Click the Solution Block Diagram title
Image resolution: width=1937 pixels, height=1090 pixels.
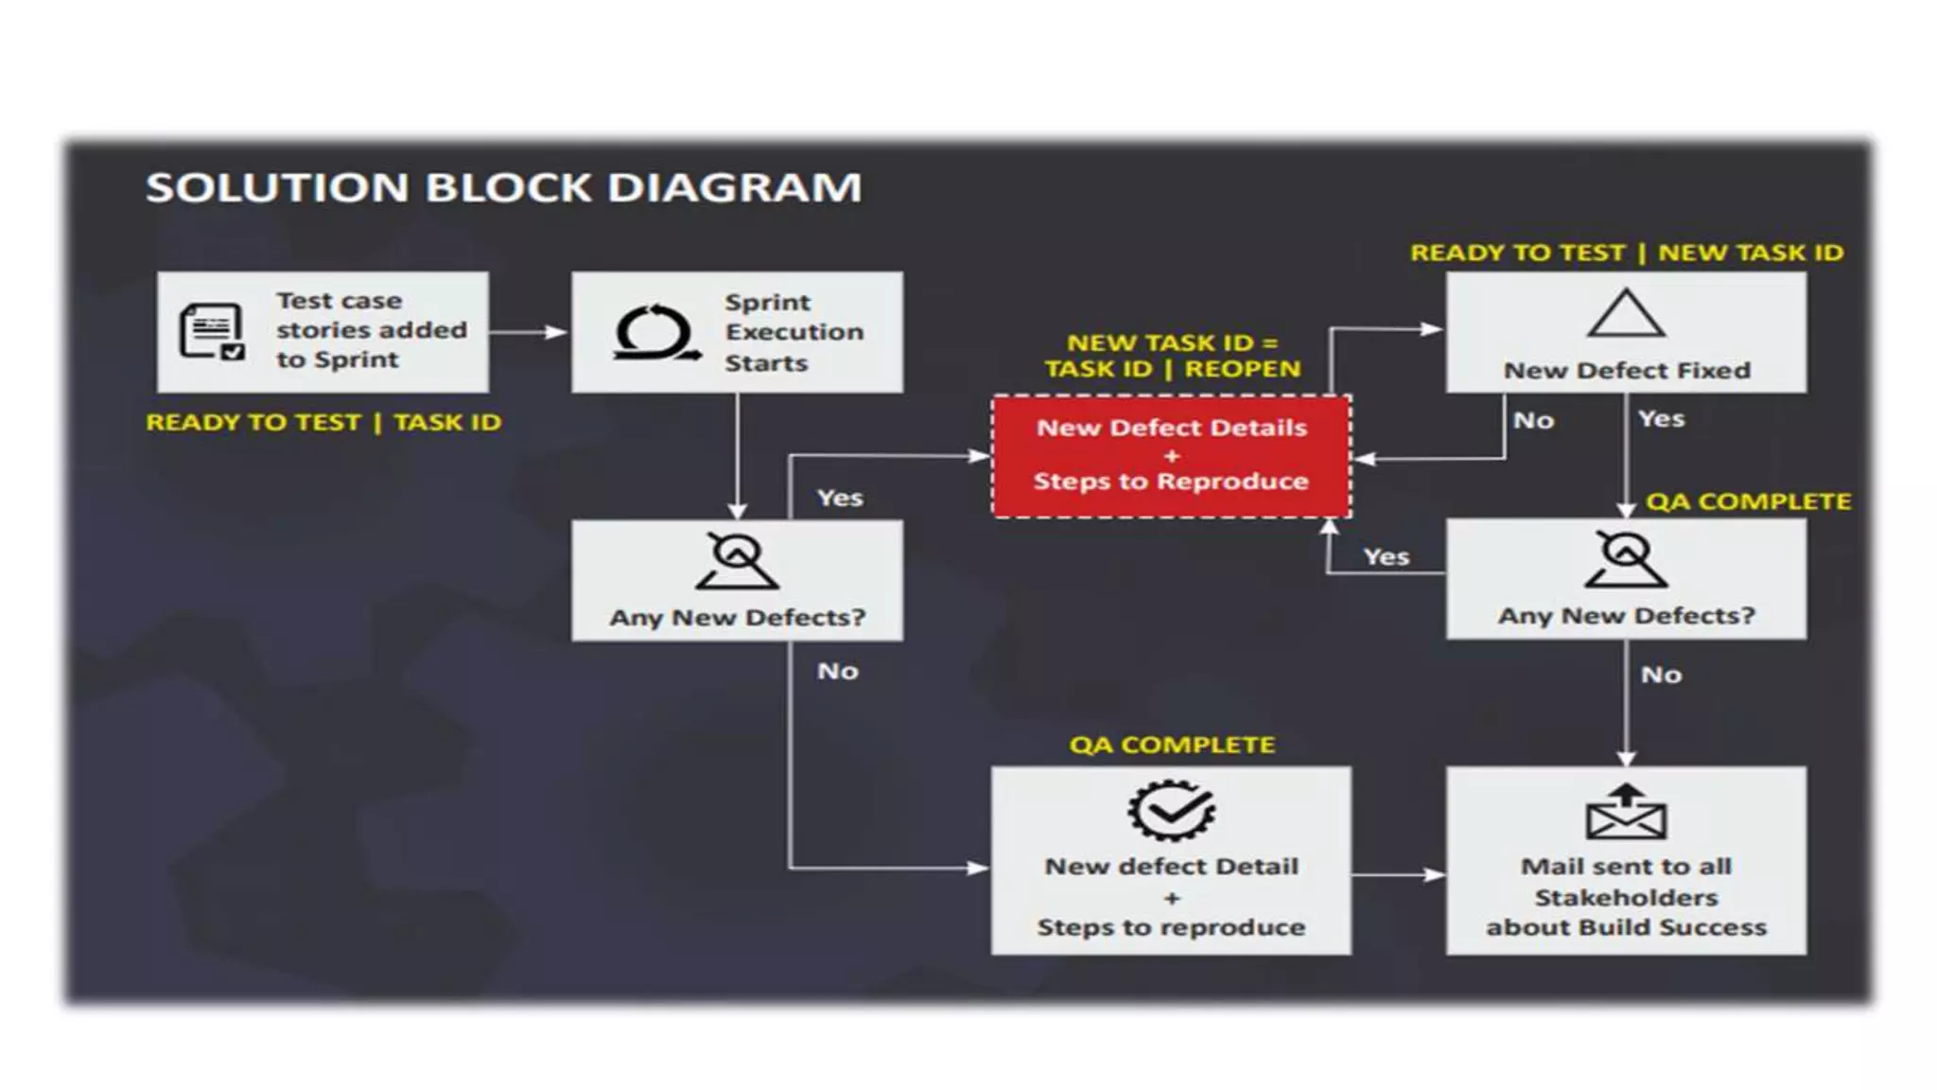pos(503,187)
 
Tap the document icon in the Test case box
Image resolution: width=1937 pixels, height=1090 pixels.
pos(212,331)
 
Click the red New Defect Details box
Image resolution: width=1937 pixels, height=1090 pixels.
pos(1171,456)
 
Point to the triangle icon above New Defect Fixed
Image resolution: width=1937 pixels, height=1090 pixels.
pos(1625,315)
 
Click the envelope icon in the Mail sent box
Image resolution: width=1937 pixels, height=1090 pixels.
pos(1625,813)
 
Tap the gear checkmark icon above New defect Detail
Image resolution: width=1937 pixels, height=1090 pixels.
pos(1171,810)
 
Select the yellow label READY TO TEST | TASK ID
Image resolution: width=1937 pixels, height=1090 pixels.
pos(323,422)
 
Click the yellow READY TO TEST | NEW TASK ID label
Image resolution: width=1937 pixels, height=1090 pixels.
pos(1626,253)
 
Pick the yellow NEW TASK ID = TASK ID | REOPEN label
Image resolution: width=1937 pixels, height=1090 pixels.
pos(1172,356)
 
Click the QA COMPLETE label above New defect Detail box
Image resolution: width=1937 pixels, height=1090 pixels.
pos(1172,745)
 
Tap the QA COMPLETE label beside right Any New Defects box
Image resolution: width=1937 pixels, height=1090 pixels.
pos(1748,501)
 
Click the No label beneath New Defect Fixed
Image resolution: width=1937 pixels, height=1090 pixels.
pos(1533,420)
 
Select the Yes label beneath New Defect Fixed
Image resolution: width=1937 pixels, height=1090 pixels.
pos(1661,418)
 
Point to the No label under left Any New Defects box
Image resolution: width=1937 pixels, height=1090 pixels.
pos(837,671)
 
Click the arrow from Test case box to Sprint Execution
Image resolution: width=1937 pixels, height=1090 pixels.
pos(528,332)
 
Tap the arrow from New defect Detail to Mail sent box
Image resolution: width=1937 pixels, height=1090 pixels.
pos(1398,874)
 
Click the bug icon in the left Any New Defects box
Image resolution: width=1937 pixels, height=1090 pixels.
pos(737,561)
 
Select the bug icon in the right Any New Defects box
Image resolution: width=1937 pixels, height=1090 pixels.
pos(1625,559)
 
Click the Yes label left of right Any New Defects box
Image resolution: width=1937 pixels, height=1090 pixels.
pos(1386,556)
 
